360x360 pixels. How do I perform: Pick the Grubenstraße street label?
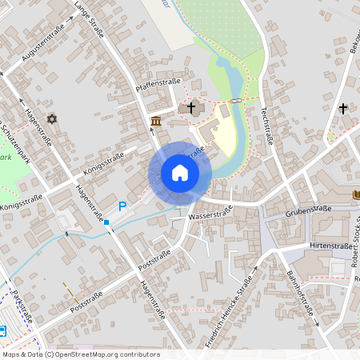309,210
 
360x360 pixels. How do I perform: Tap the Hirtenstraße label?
330,246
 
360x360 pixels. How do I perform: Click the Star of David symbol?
53,118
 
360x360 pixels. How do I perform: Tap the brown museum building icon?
155,121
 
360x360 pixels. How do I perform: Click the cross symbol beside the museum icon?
190,107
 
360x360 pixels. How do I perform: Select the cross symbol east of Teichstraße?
343,108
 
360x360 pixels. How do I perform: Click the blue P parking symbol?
122,206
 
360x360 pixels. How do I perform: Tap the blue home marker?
180,173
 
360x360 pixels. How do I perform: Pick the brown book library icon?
356,194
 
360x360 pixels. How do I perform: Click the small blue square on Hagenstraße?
106,222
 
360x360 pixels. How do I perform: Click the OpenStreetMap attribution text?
81,354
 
